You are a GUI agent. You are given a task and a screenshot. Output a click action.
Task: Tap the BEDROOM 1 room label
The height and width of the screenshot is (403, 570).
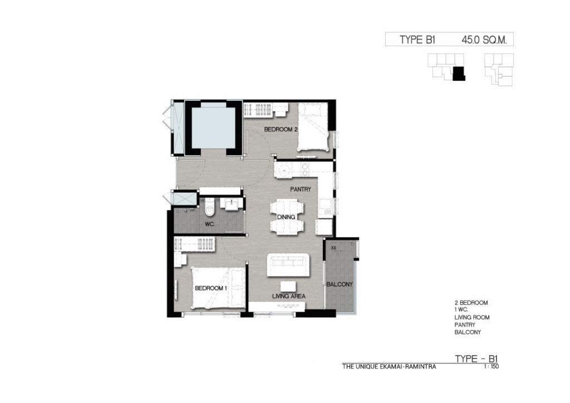[x=211, y=288]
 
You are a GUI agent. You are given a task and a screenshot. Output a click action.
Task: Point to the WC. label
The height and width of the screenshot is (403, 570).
[x=210, y=224]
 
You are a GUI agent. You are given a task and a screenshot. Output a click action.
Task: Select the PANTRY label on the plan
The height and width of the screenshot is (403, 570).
[x=300, y=189]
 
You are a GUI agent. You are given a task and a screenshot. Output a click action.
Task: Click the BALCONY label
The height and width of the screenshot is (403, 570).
[x=340, y=284]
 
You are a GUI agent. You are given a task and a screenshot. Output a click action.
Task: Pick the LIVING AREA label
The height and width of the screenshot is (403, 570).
[x=289, y=296]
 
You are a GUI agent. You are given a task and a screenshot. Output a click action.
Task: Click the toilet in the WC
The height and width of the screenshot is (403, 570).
[x=209, y=209]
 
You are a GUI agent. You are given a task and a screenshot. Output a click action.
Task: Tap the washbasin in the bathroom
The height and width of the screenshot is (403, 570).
[x=231, y=204]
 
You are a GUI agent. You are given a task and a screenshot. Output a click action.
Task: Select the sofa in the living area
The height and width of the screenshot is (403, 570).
[x=289, y=265]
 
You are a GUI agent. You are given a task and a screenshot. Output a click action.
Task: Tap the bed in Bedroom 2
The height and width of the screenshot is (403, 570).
[x=313, y=126]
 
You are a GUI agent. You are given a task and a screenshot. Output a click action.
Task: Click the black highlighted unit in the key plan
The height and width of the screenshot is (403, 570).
[x=459, y=73]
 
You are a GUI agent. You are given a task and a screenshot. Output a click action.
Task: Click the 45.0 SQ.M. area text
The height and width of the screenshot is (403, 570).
[x=484, y=40]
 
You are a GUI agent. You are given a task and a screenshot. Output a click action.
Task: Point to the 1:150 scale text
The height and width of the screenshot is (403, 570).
[x=491, y=367]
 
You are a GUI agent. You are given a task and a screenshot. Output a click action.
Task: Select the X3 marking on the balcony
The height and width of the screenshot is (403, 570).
[x=334, y=248]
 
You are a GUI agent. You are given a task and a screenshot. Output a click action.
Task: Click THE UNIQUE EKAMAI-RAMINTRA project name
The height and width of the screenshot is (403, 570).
[x=389, y=367]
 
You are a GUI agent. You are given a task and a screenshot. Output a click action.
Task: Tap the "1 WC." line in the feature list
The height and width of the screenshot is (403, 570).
[x=461, y=310]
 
